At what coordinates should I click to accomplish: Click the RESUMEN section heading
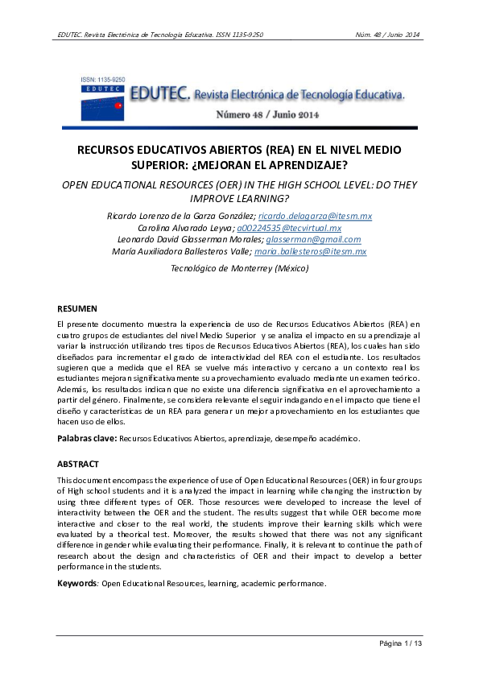click(77, 308)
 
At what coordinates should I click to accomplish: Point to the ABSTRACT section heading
click(78, 465)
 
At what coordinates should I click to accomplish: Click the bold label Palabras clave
click(87, 439)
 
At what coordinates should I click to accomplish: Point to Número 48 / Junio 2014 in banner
click(267, 114)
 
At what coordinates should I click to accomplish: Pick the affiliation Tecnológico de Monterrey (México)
click(239, 268)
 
